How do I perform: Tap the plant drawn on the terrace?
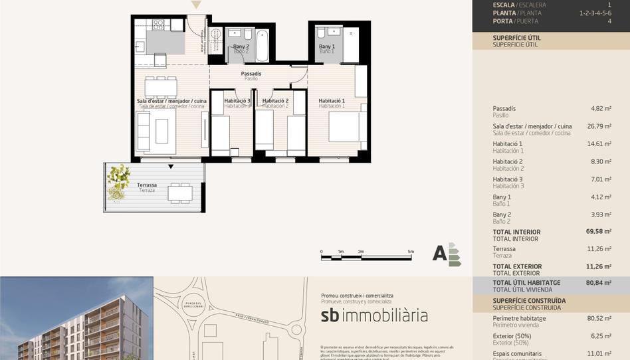[118, 181]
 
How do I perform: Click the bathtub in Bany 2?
[262, 45]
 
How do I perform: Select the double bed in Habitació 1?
[347, 126]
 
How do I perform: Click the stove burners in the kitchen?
[158, 25]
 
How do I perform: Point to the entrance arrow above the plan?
[196, 5]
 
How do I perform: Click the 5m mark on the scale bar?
[411, 252]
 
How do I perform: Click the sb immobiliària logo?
[374, 315]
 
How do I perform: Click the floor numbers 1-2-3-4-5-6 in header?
[595, 13]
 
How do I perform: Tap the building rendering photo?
[76, 318]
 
